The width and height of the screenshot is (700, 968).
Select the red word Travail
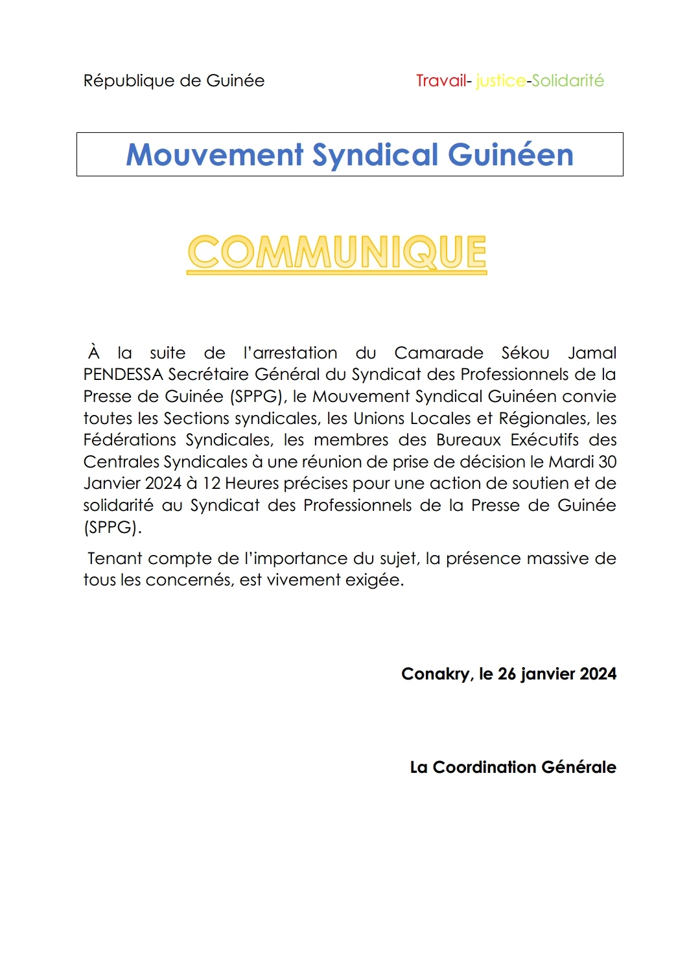click(441, 81)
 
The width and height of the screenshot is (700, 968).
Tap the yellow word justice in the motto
click(500, 81)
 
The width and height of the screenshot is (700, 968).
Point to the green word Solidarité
click(568, 81)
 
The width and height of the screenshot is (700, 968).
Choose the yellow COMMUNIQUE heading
click(337, 252)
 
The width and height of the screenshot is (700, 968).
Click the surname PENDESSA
click(123, 375)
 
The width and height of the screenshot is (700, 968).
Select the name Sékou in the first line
click(525, 353)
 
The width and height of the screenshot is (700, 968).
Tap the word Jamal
click(592, 353)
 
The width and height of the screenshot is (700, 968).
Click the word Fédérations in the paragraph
click(130, 440)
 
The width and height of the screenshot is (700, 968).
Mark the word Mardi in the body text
click(571, 462)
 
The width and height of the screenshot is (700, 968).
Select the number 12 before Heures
click(211, 484)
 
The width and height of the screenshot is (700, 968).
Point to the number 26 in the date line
click(506, 674)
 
